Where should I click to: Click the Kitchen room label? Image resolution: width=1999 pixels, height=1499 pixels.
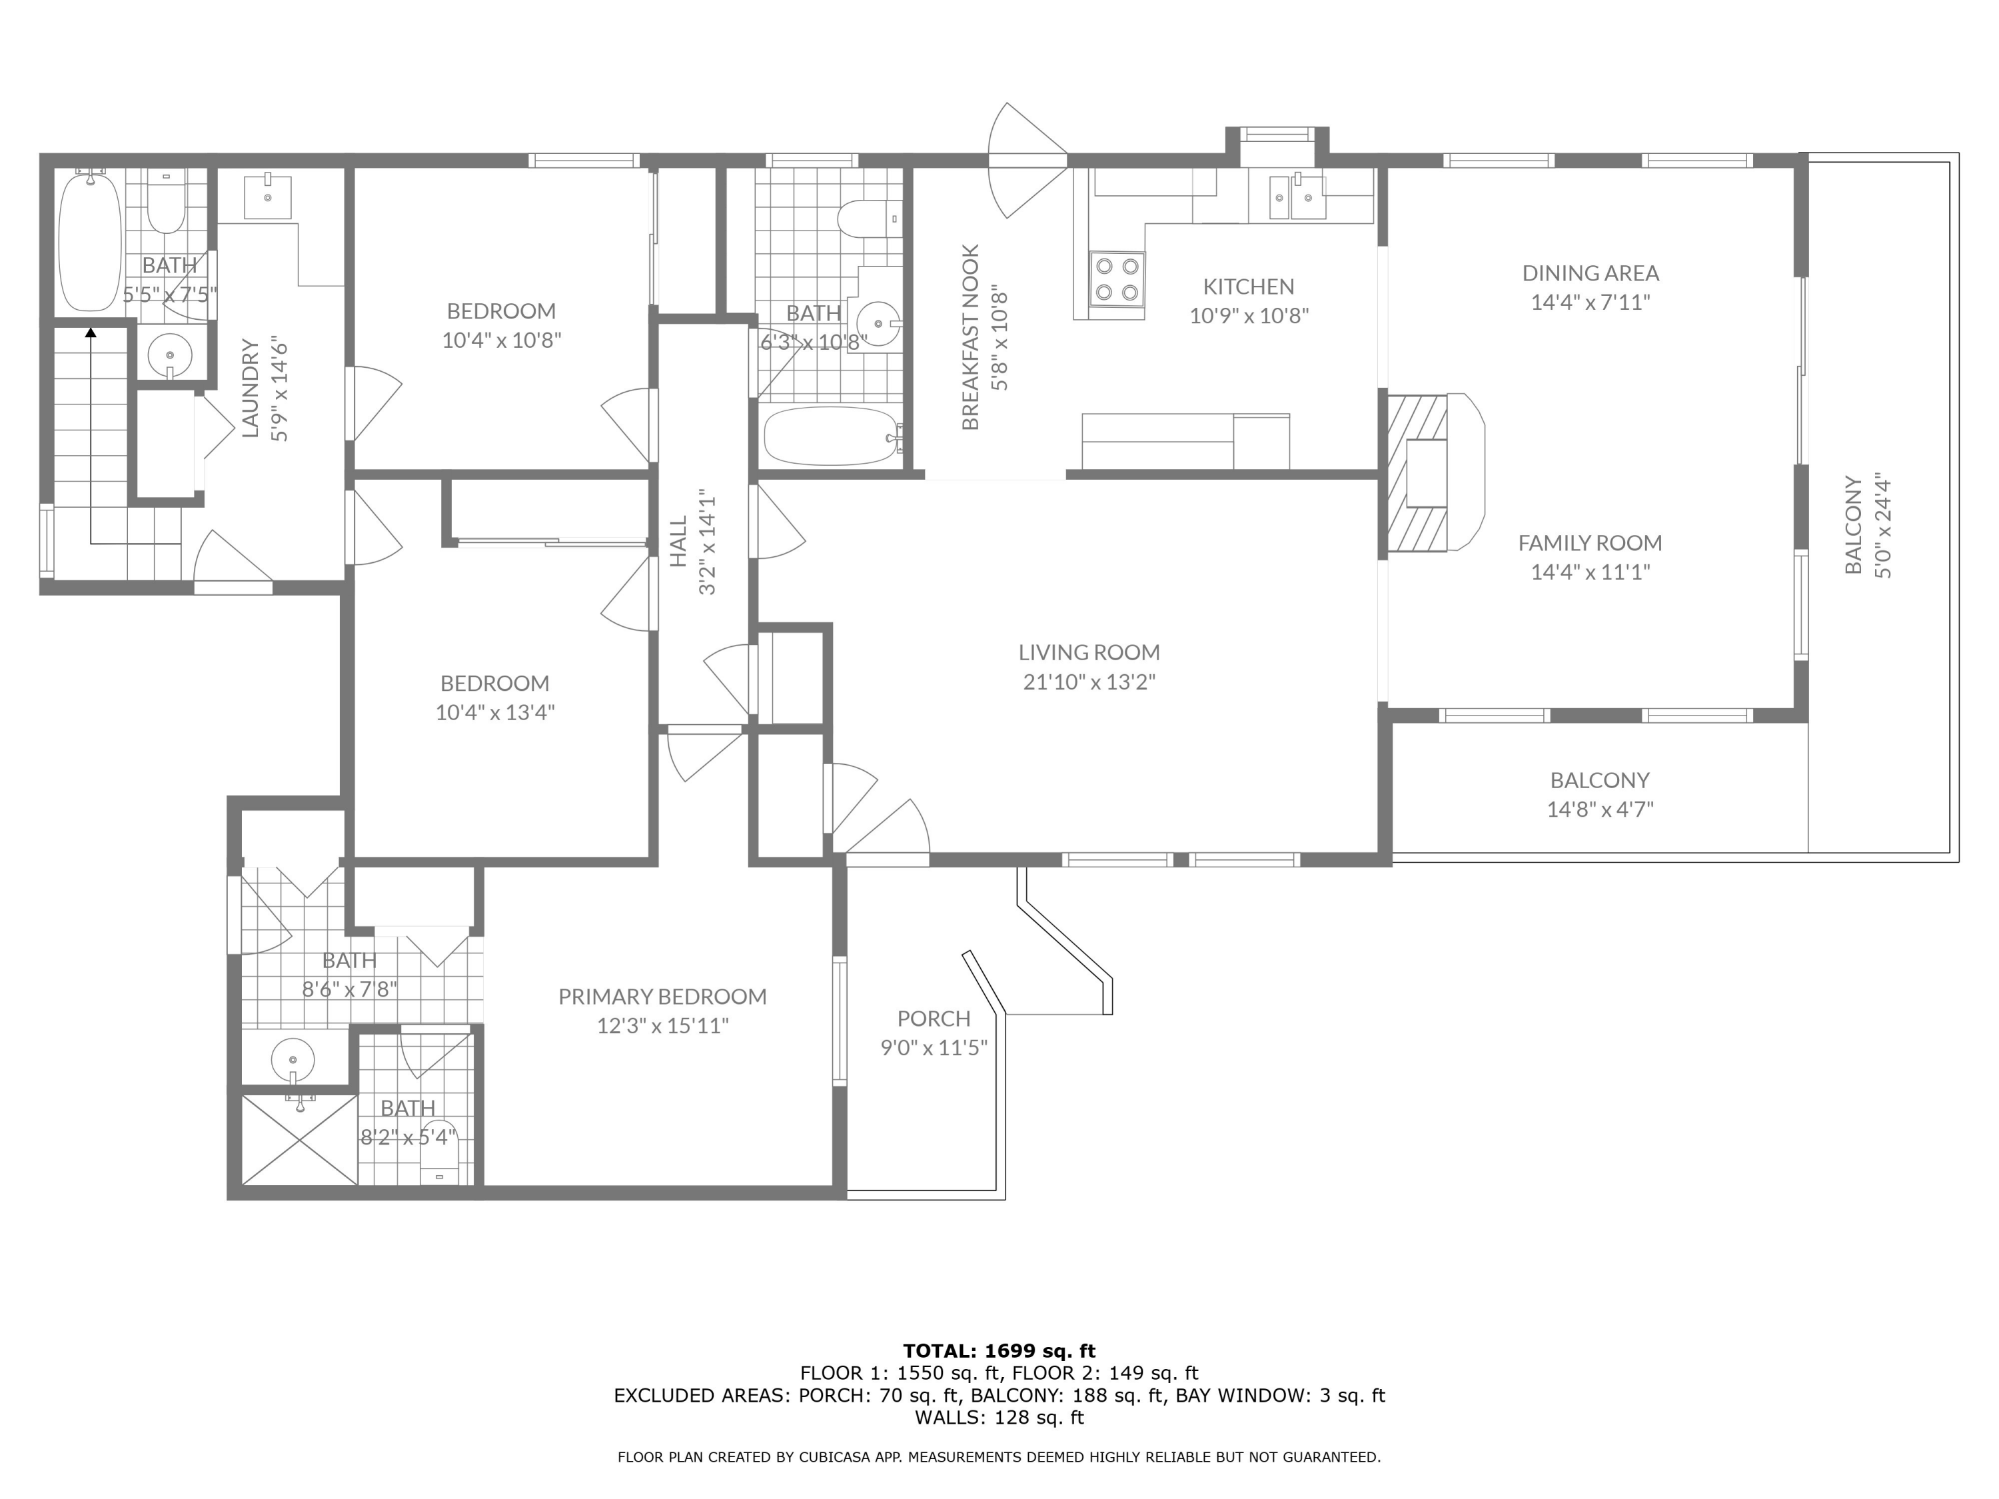point(1248,286)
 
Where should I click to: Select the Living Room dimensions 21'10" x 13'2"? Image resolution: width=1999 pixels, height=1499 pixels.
point(1089,682)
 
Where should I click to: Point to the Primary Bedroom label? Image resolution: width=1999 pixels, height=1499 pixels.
point(662,996)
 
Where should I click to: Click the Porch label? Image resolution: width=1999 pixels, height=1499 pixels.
point(934,1018)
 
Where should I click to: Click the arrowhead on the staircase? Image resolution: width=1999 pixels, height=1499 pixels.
point(91,333)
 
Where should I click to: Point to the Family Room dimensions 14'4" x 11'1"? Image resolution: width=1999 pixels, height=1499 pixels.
point(1591,572)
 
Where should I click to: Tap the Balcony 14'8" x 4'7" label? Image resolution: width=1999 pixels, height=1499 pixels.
point(1600,794)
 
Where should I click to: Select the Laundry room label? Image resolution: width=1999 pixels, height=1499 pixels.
point(251,388)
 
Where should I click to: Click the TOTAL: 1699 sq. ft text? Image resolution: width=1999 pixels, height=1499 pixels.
point(999,1351)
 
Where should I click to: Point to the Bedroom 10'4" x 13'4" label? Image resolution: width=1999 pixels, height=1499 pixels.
point(495,697)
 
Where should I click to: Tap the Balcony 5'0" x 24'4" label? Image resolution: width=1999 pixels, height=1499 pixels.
point(1868,525)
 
